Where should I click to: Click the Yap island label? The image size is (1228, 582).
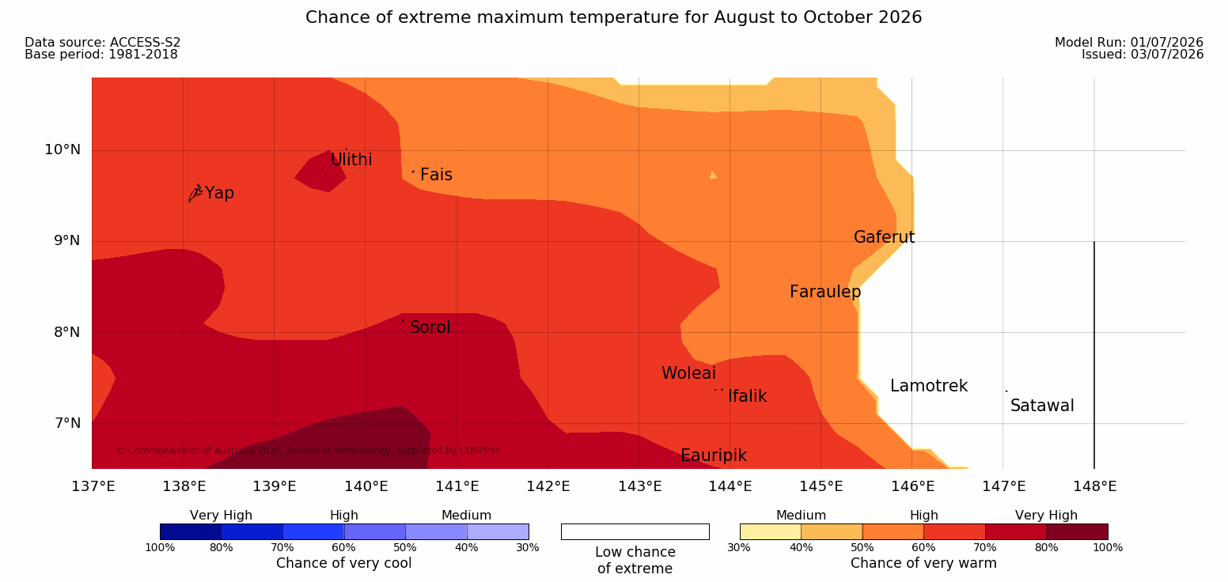point(219,194)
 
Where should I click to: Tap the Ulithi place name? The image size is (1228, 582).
point(351,160)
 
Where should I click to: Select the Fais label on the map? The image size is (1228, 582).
point(437,175)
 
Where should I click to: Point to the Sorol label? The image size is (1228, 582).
point(430,327)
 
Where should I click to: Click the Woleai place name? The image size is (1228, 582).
point(688,373)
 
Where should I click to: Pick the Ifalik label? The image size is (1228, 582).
point(747,396)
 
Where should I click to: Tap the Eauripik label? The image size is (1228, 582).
point(714,456)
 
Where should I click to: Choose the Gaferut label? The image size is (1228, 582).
point(885,237)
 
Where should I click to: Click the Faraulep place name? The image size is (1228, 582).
point(825,292)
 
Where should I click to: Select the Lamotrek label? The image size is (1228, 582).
point(929,386)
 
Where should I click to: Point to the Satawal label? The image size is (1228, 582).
point(1042,406)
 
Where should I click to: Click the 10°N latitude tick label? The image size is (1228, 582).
point(63,149)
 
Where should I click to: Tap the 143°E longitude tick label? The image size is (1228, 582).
point(640,486)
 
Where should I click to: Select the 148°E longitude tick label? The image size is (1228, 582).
point(1095,486)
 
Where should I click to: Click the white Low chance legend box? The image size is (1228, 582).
point(635,531)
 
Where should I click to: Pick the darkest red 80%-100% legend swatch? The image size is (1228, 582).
point(1077,531)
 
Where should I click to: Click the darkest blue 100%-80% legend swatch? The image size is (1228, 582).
point(191,531)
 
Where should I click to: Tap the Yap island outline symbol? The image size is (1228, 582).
point(195,194)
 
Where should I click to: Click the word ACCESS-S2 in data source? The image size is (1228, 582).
point(146,43)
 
